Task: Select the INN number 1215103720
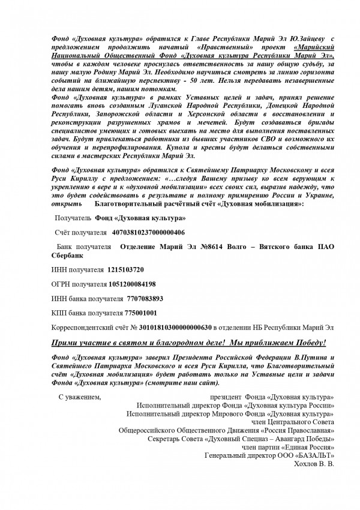tap(125, 269)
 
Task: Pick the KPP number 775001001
tap(141, 313)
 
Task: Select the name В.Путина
tap(295, 358)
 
